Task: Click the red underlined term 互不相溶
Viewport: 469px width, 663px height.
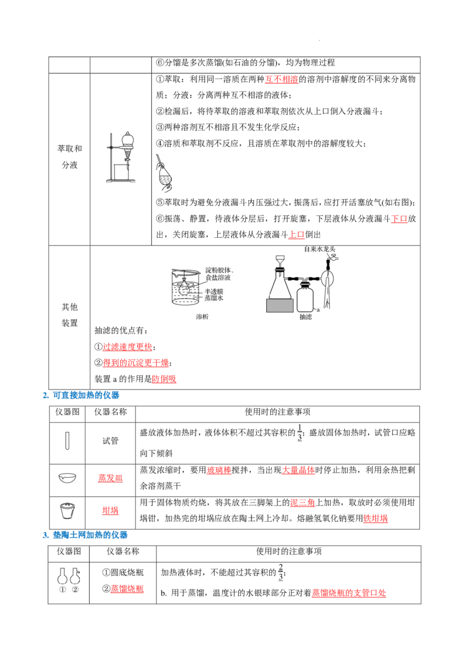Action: coord(281,79)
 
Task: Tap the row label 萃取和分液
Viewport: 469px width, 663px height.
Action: coord(70,156)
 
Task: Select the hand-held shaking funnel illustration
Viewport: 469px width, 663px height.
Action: coord(164,173)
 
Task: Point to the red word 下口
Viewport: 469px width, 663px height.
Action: coord(399,218)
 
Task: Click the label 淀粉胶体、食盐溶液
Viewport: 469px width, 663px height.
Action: coord(220,274)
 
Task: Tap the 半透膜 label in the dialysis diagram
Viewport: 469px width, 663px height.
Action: coord(214,292)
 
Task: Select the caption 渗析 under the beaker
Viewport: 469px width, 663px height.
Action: coord(202,317)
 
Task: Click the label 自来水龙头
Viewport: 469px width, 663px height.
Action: coord(320,249)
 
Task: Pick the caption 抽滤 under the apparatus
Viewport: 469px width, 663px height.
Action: coord(305,317)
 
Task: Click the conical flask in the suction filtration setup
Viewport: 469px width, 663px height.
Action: coord(280,284)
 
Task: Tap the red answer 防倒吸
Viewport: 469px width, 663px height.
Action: coord(164,379)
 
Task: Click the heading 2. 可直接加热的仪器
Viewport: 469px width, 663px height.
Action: coord(81,395)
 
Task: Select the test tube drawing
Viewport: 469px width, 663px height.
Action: coord(67,441)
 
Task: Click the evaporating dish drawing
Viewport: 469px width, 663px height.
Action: coord(67,478)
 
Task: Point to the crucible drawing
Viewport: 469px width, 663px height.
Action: coord(68,511)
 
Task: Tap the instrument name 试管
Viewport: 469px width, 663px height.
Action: coord(110,441)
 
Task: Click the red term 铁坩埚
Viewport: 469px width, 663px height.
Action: coord(375,518)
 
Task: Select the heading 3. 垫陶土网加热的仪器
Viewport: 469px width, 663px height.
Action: coord(85,535)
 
